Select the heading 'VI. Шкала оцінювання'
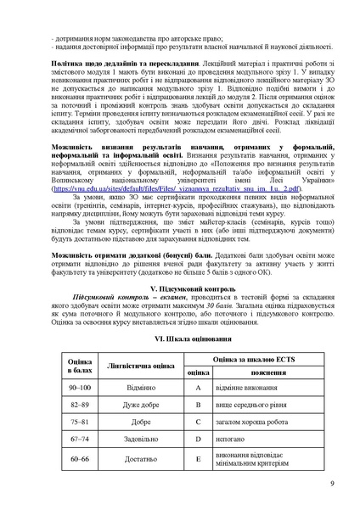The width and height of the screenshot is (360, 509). (x=180, y=361)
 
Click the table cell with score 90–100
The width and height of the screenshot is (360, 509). (x=79, y=410)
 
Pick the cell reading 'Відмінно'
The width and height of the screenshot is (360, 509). (x=141, y=410)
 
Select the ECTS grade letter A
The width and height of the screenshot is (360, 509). (x=198, y=410)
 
